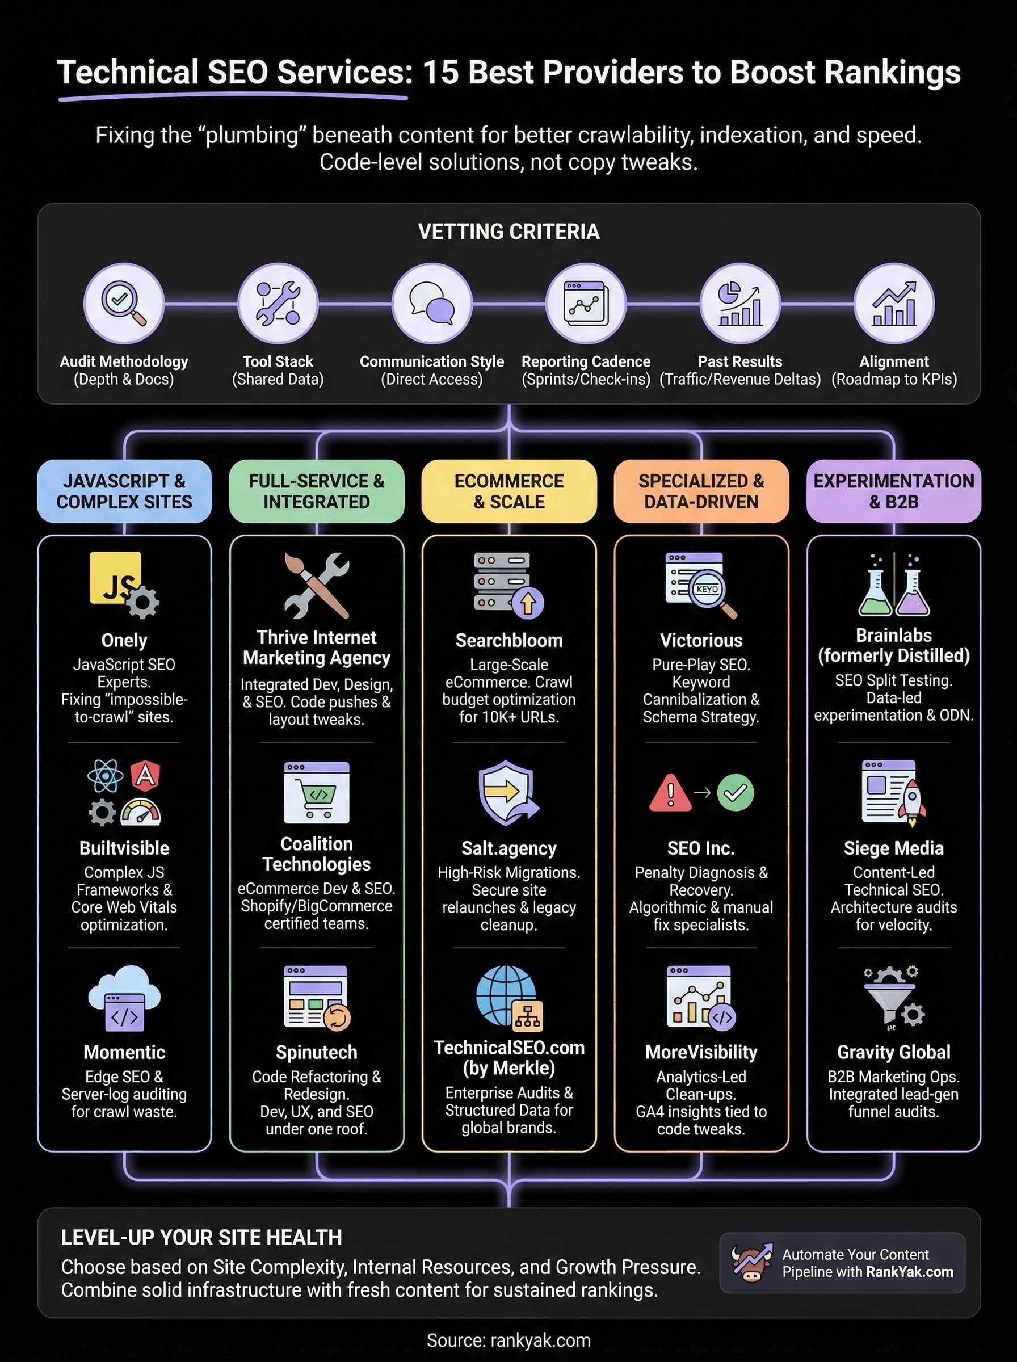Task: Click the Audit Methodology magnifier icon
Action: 124,303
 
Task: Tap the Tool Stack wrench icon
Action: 278,303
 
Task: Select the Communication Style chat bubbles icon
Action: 431,303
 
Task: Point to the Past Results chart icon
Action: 740,303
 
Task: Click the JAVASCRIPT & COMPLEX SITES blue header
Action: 124,491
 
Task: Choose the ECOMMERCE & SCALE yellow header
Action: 509,491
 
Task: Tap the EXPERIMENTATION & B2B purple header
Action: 893,491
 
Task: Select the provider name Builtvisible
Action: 124,848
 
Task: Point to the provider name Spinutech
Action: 317,1052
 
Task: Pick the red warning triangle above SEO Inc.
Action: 670,793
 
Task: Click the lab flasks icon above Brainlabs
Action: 893,585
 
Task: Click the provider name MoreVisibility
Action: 701,1052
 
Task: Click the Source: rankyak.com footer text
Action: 508,1340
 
